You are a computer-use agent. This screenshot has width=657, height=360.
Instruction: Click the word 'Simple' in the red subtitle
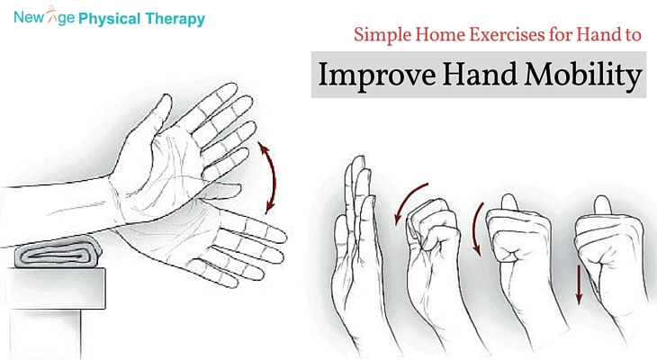(x=384, y=38)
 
